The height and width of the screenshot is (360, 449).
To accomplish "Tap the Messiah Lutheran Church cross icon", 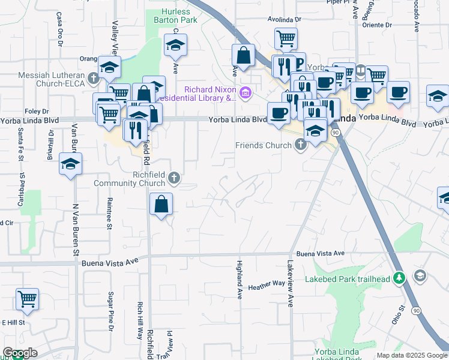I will tap(93, 77).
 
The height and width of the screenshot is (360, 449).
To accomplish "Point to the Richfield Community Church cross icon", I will tap(174, 177).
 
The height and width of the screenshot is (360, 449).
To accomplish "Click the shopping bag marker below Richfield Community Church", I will tap(161, 204).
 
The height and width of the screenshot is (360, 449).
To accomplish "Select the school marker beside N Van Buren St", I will tap(71, 164).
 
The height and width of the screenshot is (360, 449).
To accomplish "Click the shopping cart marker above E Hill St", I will tap(26, 298).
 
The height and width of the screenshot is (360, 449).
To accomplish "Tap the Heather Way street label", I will tap(266, 286).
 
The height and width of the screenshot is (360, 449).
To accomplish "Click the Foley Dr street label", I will tap(37, 111).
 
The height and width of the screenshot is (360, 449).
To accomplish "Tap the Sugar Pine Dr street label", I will tap(111, 311).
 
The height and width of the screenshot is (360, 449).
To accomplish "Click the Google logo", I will tap(20, 353).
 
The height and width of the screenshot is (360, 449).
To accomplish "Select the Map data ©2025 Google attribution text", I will tap(412, 355).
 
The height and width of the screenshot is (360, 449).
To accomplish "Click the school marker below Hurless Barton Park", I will tap(175, 45).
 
